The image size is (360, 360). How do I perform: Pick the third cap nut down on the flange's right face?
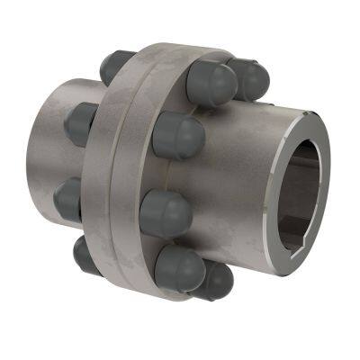pos(166,212)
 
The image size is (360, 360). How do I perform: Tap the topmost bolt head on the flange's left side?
pos(115,66)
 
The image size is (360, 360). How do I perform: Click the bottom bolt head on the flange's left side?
pos(86,256)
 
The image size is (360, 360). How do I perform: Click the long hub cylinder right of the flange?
pos(243,180)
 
